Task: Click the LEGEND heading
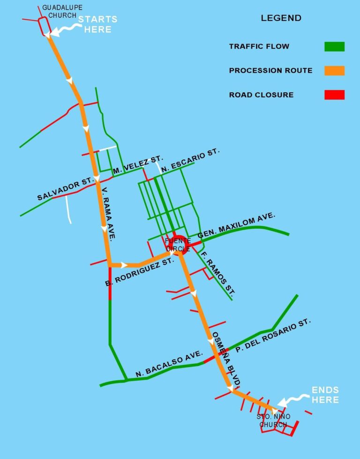(x=281, y=18)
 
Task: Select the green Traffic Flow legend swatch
(x=334, y=46)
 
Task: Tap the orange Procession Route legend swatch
(x=334, y=71)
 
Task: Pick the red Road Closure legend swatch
(x=334, y=95)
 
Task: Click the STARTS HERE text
(x=97, y=24)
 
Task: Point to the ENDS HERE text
(x=325, y=395)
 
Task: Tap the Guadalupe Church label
(x=59, y=12)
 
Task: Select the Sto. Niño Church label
(x=274, y=421)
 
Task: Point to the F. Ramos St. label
(x=217, y=273)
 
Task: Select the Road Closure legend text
(x=261, y=95)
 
